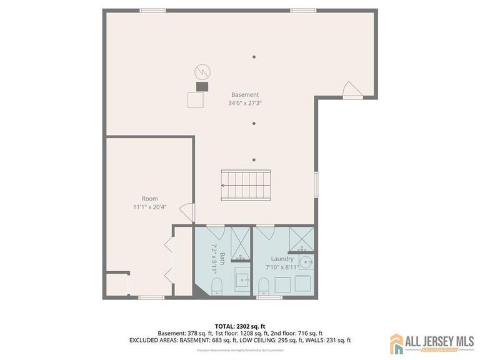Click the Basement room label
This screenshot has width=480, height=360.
tap(245, 95)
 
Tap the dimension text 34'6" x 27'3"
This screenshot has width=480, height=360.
tap(245, 103)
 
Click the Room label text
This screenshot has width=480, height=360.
tap(150, 198)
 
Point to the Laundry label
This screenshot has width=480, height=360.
tap(282, 259)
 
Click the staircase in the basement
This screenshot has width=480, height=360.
tap(246, 186)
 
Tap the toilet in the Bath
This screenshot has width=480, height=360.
tap(217, 286)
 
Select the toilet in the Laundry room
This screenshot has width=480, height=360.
tap(264, 286)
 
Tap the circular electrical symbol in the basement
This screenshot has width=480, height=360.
tap(201, 70)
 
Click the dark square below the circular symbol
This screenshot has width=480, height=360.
tap(202, 86)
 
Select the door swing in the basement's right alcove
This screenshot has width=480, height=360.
tap(352, 90)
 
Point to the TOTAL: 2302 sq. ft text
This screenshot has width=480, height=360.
tap(239, 326)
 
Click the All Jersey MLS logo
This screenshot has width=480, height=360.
tap(432, 343)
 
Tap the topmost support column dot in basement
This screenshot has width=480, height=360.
tap(254, 57)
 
